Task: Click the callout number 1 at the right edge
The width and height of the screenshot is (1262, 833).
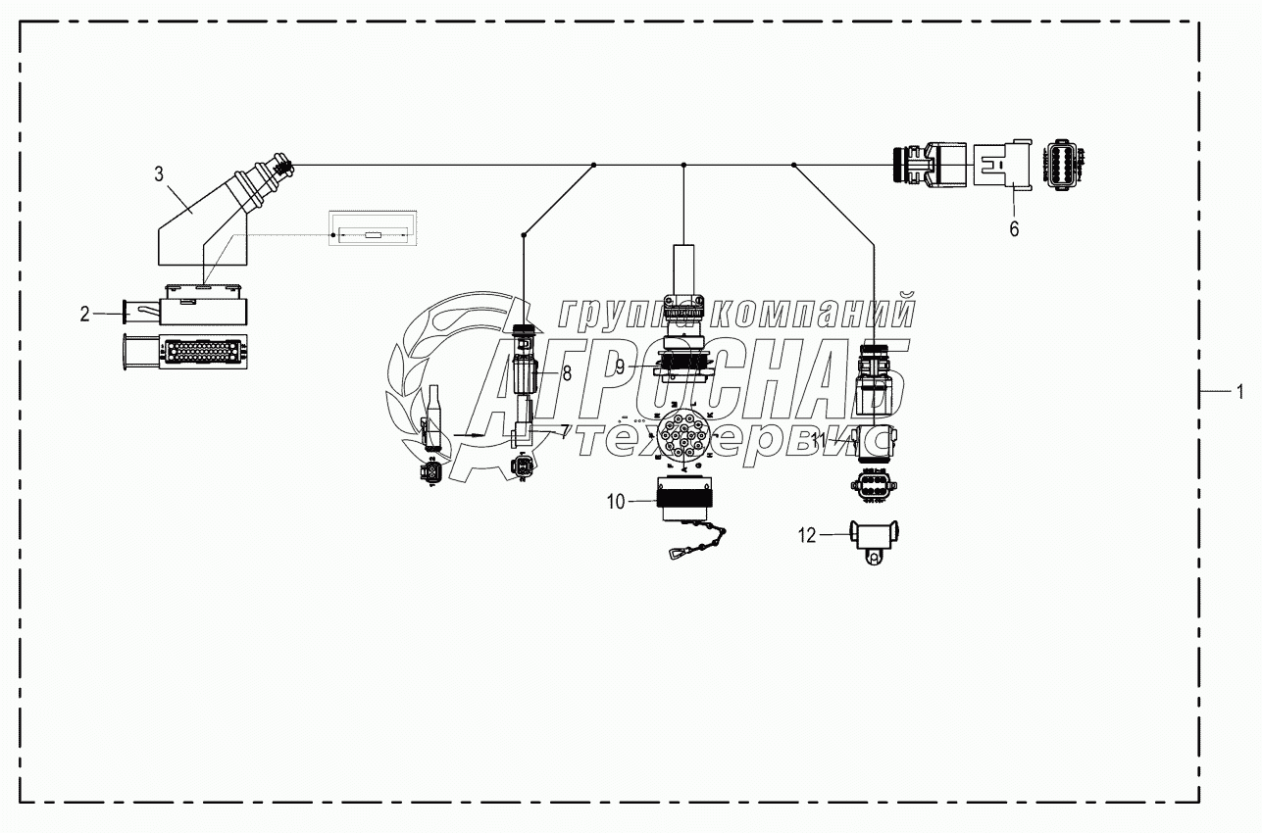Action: pyautogui.click(x=1239, y=392)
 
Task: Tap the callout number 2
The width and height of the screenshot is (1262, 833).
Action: pyautogui.click(x=85, y=314)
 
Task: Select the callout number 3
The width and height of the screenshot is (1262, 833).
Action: pyautogui.click(x=159, y=174)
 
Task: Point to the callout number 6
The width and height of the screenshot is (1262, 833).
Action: pyautogui.click(x=1014, y=228)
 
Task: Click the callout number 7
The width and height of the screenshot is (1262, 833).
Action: pyautogui.click(x=564, y=430)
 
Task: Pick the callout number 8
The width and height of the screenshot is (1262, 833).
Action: pyautogui.click(x=566, y=373)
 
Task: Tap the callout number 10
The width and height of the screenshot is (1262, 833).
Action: pyautogui.click(x=616, y=502)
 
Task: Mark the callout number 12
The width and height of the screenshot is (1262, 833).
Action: pyautogui.click(x=806, y=534)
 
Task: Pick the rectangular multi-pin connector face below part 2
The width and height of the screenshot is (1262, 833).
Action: pyautogui.click(x=186, y=351)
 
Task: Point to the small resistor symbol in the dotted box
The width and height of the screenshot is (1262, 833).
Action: pyautogui.click(x=373, y=235)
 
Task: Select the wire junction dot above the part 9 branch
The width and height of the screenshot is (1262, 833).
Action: pyautogui.click(x=683, y=165)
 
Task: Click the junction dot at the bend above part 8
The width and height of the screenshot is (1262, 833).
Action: pyautogui.click(x=525, y=234)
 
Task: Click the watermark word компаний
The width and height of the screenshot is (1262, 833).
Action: pyautogui.click(x=813, y=314)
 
